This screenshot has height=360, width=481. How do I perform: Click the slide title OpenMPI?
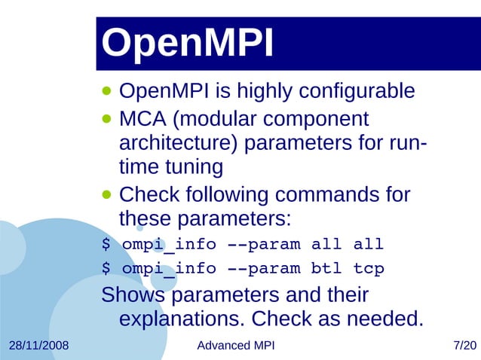(x=188, y=44)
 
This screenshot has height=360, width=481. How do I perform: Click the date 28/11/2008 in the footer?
(x=38, y=346)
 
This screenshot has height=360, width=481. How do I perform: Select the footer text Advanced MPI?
(x=235, y=346)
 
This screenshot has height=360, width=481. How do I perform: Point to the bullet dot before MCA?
(x=107, y=119)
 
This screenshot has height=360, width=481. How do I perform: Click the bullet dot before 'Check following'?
(x=107, y=194)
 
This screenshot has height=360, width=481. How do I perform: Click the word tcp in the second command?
(x=369, y=269)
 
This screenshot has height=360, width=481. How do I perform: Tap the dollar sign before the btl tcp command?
(x=106, y=269)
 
